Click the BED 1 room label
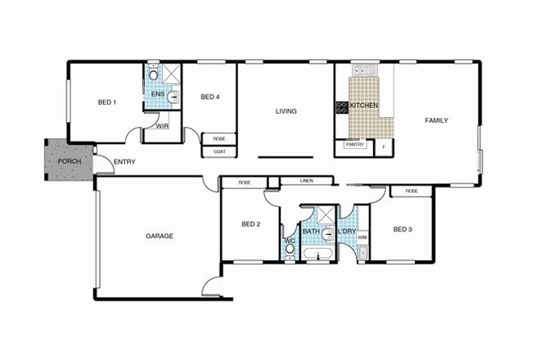click(107, 102)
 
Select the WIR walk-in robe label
click(162, 127)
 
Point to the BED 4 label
click(210, 97)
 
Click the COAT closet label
click(219, 151)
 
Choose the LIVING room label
click(286, 111)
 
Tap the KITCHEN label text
click(363, 106)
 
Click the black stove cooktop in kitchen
click(341, 106)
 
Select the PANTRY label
click(354, 145)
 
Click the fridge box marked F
click(383, 146)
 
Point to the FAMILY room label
click(436, 120)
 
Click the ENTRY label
click(125, 162)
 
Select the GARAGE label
click(160, 236)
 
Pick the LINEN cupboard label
click(307, 181)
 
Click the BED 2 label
click(251, 224)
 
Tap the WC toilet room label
click(289, 241)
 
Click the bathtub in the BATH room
click(317, 257)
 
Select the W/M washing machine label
click(362, 237)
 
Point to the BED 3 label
click(402, 229)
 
